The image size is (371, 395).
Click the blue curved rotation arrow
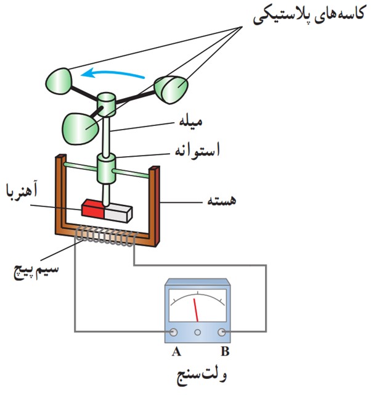(113, 73)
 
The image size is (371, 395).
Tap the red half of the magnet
(92, 209)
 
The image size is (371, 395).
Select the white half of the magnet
(118, 213)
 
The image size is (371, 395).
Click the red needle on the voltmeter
(196, 310)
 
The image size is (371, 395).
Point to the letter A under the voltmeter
(176, 351)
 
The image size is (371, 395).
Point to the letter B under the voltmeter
(225, 351)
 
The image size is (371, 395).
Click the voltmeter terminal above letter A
(173, 332)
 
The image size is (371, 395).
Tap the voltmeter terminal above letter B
(222, 332)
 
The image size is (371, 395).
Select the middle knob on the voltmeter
(197, 333)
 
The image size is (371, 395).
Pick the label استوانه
(197, 150)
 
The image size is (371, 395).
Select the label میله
(190, 122)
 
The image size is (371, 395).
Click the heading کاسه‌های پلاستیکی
(308, 15)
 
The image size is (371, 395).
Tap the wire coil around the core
(106, 236)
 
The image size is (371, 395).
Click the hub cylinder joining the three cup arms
(107, 104)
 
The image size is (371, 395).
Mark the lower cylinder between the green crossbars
(107, 168)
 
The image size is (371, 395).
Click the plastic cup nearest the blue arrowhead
(59, 81)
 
